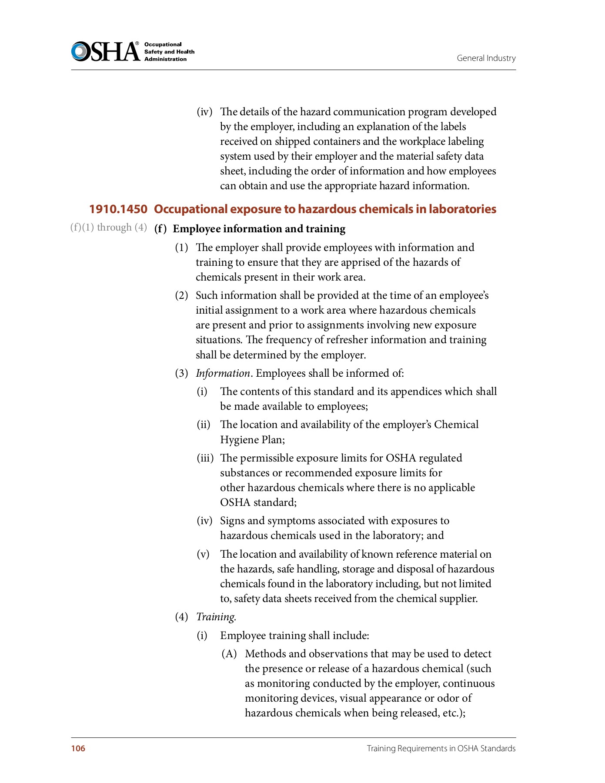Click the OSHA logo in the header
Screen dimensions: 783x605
click(x=106, y=51)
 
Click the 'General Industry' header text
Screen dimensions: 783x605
click(x=486, y=58)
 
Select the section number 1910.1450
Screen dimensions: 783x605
click(x=118, y=209)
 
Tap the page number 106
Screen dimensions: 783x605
click(x=78, y=748)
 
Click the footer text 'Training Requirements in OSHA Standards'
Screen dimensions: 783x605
click(x=441, y=748)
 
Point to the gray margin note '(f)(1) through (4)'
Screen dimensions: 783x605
click(x=109, y=228)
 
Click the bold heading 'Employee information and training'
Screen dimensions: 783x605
click(x=259, y=229)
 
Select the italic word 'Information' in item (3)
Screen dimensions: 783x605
click(x=223, y=373)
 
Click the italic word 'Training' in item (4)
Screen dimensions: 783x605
click(x=215, y=617)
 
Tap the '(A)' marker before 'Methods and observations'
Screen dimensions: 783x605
click(x=229, y=654)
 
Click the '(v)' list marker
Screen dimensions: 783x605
click(x=203, y=554)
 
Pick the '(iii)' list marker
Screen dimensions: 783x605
click(x=205, y=458)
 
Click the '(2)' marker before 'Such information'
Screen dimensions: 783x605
click(x=181, y=295)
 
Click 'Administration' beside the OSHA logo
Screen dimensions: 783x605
click(x=165, y=59)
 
